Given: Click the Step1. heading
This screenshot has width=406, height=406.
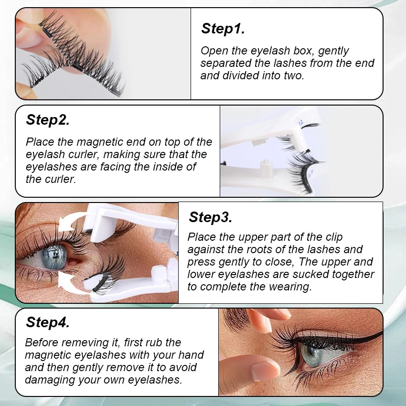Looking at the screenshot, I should (x=223, y=29).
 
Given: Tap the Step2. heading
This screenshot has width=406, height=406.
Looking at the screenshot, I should (x=48, y=120).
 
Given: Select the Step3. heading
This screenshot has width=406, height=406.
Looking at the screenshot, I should (x=210, y=217).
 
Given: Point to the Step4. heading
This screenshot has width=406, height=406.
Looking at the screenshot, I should (x=48, y=322).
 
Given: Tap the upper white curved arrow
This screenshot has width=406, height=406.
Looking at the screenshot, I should (x=73, y=223).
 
